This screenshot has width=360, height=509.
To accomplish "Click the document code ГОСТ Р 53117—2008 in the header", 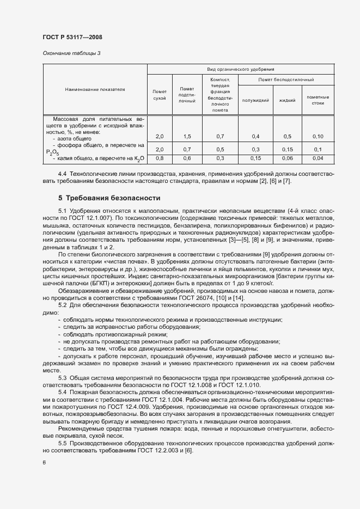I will (x=72, y=38).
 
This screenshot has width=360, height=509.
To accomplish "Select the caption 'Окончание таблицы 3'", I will (x=71, y=53).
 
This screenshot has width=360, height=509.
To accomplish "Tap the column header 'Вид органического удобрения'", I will (x=240, y=70).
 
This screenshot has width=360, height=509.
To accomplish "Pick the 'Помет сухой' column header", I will (x=160, y=95).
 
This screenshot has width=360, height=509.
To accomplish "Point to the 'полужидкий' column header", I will (x=255, y=100).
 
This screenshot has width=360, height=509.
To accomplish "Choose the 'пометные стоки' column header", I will (x=318, y=100).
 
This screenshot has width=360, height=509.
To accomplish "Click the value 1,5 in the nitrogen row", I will (x=187, y=136).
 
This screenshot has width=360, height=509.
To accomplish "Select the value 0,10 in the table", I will (x=318, y=136).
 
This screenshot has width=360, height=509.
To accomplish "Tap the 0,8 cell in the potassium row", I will (x=160, y=158).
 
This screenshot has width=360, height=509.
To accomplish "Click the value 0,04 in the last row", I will (x=318, y=158).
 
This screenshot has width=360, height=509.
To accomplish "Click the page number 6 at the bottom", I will (x=44, y=462).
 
